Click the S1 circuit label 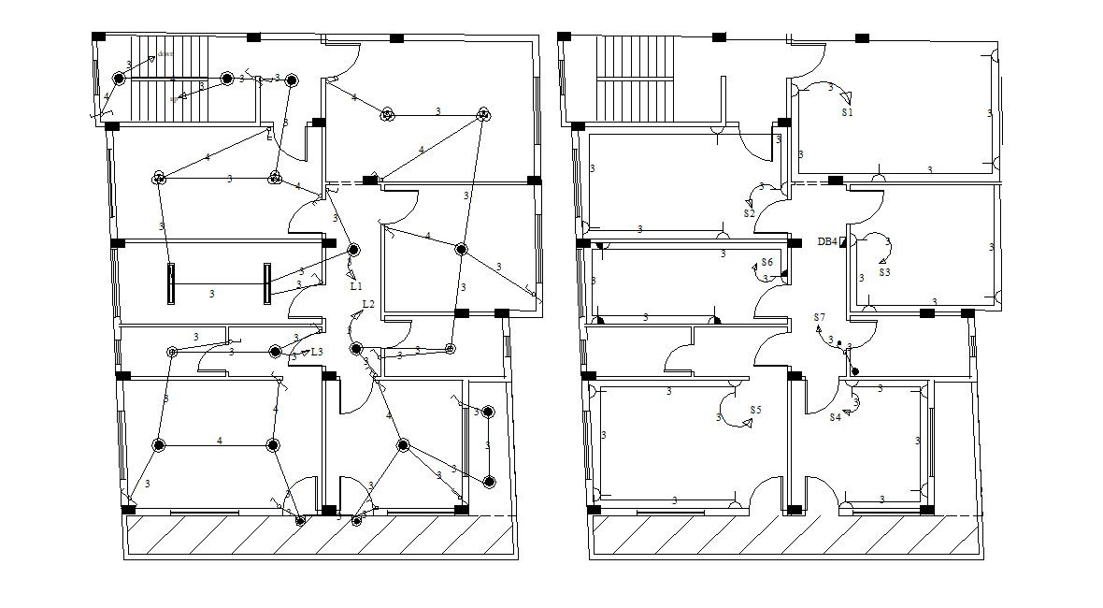point(847,112)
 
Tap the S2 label point(749,213)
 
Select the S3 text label point(884,272)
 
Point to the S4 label point(835,417)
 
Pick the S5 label point(755,410)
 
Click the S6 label point(766,263)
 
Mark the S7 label point(820,317)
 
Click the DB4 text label point(826,241)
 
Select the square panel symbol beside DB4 point(842,242)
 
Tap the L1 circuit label point(356,286)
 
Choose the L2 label point(368,304)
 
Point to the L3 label point(317,352)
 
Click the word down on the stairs point(165,54)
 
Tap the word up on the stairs point(174,99)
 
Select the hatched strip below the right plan point(786,538)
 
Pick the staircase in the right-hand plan point(636,79)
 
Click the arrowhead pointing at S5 point(747,424)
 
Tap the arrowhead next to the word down point(151,59)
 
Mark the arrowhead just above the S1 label point(846,96)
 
